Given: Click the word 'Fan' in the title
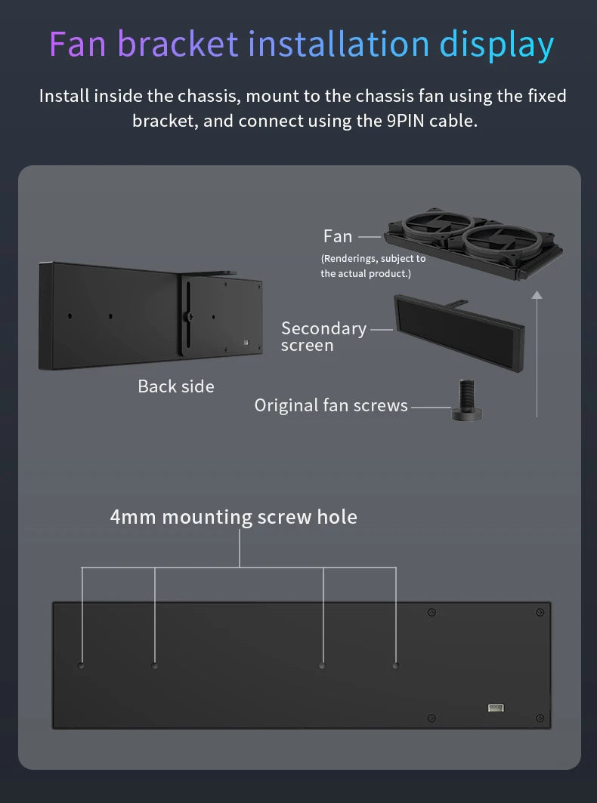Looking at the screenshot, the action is click(77, 44).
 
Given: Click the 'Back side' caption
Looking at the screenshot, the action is click(176, 386).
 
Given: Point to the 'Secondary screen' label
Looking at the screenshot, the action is click(323, 337).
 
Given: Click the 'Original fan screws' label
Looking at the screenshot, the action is click(331, 405).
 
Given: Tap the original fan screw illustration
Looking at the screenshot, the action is click(466, 399).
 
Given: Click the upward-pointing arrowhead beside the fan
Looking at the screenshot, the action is click(537, 294).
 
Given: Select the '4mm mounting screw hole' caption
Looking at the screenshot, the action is click(234, 517).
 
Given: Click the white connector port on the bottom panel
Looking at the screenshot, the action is click(496, 708).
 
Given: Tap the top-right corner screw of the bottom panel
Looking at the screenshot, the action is click(540, 612).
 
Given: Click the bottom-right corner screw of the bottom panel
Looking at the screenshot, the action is click(540, 718).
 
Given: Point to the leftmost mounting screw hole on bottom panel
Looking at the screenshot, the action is click(81, 665).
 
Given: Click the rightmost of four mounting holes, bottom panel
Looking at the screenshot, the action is click(395, 665).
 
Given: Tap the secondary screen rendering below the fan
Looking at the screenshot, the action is click(459, 333).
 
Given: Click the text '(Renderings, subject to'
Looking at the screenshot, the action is click(373, 259).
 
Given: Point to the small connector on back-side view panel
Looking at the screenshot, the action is click(246, 342).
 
